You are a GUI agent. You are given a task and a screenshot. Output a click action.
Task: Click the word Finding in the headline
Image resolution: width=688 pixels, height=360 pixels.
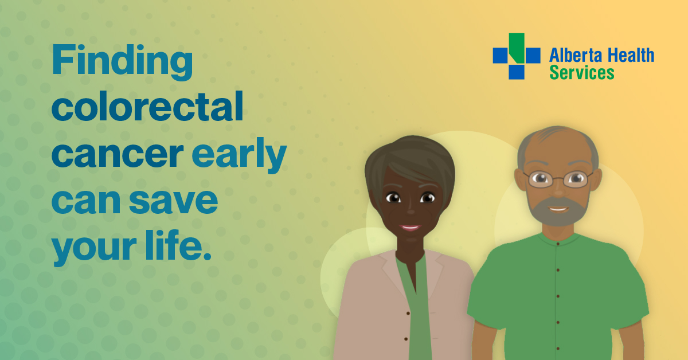click(x=122, y=62)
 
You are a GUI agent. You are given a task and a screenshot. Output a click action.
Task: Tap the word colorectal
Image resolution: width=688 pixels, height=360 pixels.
click(x=147, y=106)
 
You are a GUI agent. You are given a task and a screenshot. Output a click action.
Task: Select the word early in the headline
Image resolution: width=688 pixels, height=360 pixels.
click(x=239, y=155)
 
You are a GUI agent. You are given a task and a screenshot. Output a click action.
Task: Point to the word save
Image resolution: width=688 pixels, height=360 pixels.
click(x=173, y=201)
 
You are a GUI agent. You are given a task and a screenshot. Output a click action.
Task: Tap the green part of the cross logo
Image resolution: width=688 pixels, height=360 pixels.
click(x=517, y=48)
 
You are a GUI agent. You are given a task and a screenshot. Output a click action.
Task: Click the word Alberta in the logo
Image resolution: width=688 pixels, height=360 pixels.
click(x=575, y=55)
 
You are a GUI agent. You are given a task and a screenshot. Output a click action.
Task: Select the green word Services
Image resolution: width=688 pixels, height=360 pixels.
click(x=582, y=73)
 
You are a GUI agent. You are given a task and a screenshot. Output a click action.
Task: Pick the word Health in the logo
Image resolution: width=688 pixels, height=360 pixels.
click(x=631, y=55)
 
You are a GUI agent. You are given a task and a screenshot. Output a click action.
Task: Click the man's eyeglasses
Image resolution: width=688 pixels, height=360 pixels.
click(x=558, y=179)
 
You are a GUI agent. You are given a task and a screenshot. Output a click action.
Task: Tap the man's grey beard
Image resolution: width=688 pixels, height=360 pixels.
click(x=558, y=212)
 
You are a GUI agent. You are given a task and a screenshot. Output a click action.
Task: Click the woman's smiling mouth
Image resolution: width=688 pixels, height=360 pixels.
click(x=410, y=228)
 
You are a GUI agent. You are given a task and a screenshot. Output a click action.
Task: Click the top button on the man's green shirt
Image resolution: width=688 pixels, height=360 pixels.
click(x=558, y=244)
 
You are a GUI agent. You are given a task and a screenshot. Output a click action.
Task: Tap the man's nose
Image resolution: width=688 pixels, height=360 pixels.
click(x=559, y=191)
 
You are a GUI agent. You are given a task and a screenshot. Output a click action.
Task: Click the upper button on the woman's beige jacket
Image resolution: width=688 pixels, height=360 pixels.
click(x=408, y=314)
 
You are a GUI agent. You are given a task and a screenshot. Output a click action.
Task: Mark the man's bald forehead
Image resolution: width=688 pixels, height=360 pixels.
click(x=557, y=147)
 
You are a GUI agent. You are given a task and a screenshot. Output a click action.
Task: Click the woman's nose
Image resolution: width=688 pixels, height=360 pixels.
click(x=411, y=210)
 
